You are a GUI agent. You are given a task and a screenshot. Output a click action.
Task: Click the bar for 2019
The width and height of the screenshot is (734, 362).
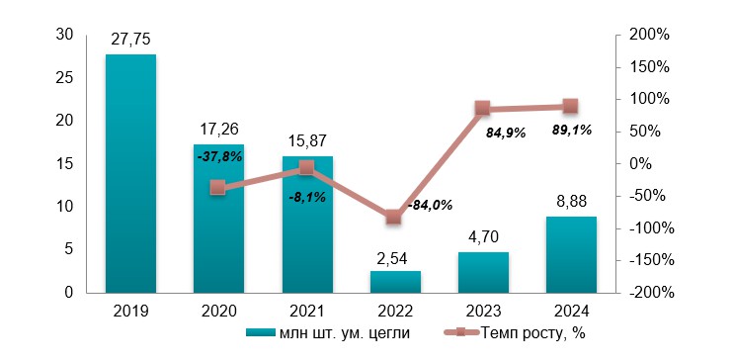coord(130,173)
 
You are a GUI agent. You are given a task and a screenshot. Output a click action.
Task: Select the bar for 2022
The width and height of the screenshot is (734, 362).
coord(395,282)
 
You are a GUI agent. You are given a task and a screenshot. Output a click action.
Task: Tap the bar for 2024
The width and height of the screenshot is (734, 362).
coord(571,254)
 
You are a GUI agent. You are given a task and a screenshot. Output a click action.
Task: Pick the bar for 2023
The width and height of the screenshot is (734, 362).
coord(483,272)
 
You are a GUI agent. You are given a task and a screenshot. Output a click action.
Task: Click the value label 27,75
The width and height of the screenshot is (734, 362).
coord(130,40)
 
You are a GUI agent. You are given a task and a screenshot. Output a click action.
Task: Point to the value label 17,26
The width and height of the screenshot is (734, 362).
coord(218,129)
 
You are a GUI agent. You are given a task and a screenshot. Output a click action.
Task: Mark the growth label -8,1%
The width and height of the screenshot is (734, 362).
coord(306,197)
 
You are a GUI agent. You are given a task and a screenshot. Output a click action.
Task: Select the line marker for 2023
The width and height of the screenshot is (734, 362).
coord(483,109)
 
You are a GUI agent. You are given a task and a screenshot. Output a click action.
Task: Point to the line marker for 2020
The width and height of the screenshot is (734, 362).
coord(218,188)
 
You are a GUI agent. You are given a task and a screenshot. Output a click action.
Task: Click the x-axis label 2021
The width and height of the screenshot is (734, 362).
coord(306,311)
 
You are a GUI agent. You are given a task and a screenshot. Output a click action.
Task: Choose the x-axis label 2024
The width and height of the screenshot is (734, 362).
coord(571,311)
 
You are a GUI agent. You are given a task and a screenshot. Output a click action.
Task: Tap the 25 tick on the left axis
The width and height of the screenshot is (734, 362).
coord(66,77)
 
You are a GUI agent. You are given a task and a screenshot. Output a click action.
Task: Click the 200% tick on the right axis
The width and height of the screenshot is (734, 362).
coord(649,35)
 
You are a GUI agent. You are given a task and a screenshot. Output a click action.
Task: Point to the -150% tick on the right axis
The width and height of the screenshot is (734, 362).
coord(649,260)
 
